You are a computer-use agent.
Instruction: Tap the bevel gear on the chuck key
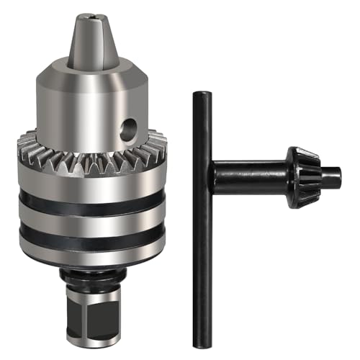coord(302,176)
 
